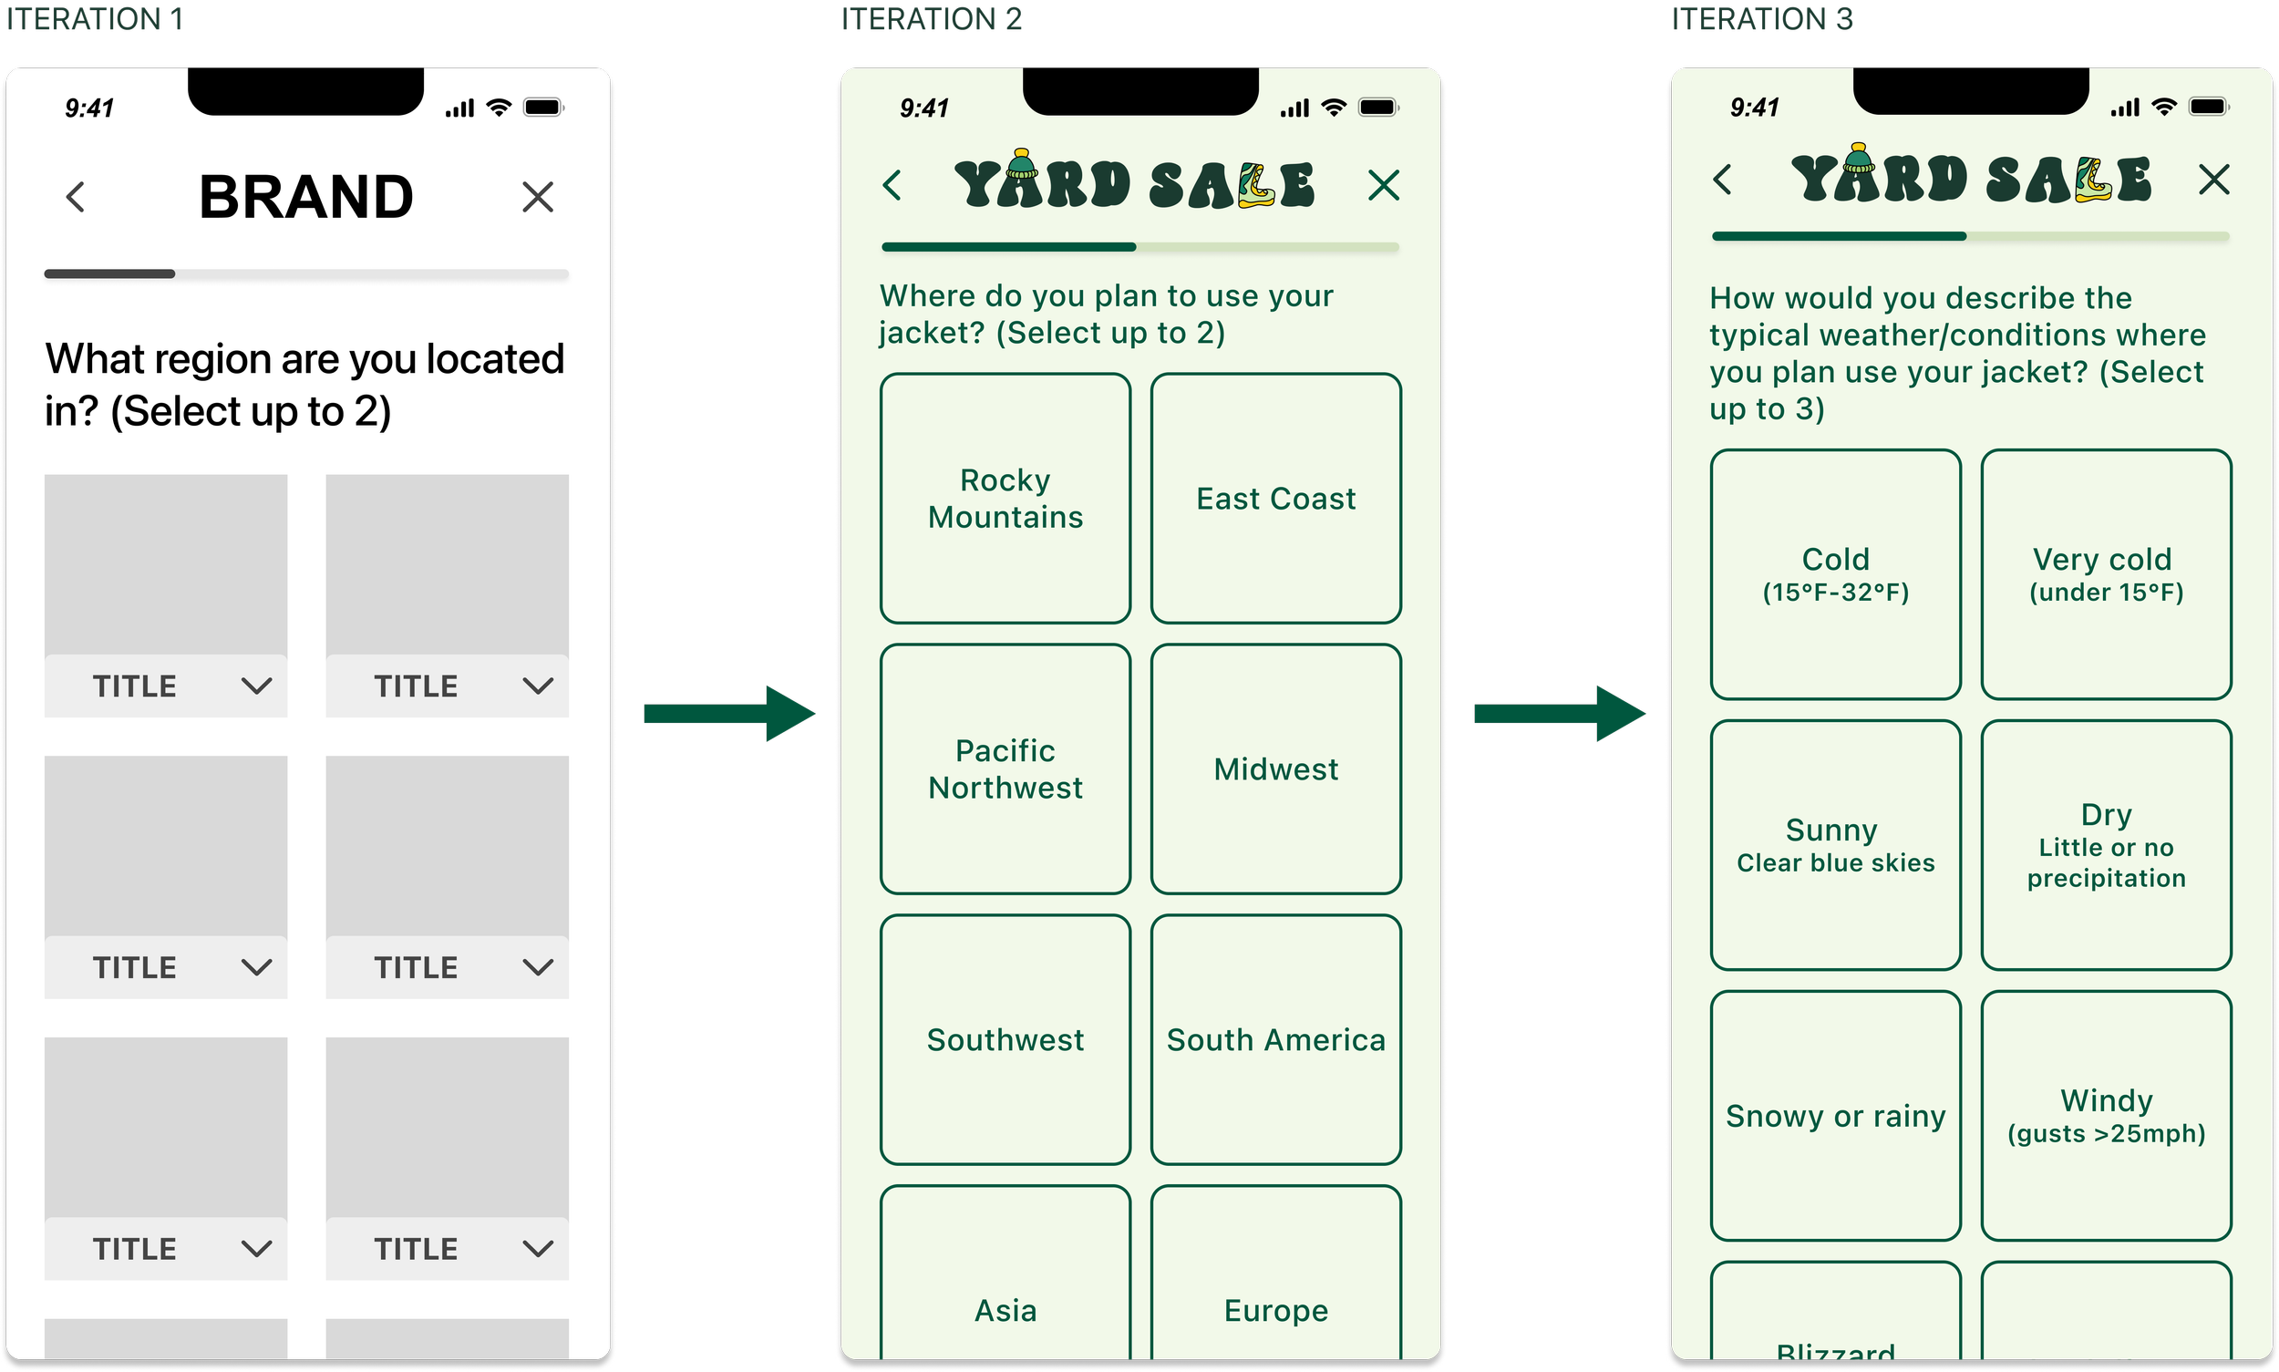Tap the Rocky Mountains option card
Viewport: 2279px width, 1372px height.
1005,499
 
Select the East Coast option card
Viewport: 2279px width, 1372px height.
1276,499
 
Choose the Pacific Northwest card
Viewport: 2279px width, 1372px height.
1005,769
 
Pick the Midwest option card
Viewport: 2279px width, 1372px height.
1276,769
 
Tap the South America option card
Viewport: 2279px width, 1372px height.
1276,1040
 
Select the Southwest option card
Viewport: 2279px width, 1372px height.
1005,1040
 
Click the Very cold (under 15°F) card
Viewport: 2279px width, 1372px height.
2106,574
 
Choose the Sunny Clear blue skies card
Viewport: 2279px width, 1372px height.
1835,845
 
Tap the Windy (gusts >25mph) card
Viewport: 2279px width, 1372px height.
2106,1116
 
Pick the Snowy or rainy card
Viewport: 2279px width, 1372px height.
1835,1116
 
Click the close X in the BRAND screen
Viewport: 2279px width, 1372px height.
537,197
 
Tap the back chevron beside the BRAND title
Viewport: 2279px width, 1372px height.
76,197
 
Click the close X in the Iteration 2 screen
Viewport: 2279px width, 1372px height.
1383,185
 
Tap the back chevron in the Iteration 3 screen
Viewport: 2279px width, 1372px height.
1721,180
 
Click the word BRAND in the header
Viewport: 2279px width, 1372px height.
306,197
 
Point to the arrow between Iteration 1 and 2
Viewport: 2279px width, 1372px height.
729,714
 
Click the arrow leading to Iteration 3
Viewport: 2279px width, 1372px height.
1560,714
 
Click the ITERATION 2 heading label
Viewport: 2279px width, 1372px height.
931,18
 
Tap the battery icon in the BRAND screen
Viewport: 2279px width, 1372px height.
542,108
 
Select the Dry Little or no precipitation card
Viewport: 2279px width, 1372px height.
2106,845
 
